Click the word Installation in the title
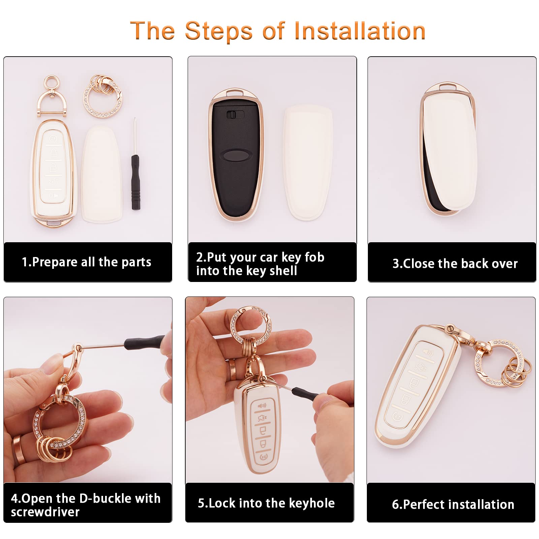coord(359,31)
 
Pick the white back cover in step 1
coord(101,175)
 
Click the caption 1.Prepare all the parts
coord(87,262)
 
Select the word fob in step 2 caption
coord(314,257)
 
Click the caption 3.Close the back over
coord(455,263)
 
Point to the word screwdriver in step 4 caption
coord(45,512)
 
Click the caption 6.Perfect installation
coord(453,505)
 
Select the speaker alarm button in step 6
coord(427,353)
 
